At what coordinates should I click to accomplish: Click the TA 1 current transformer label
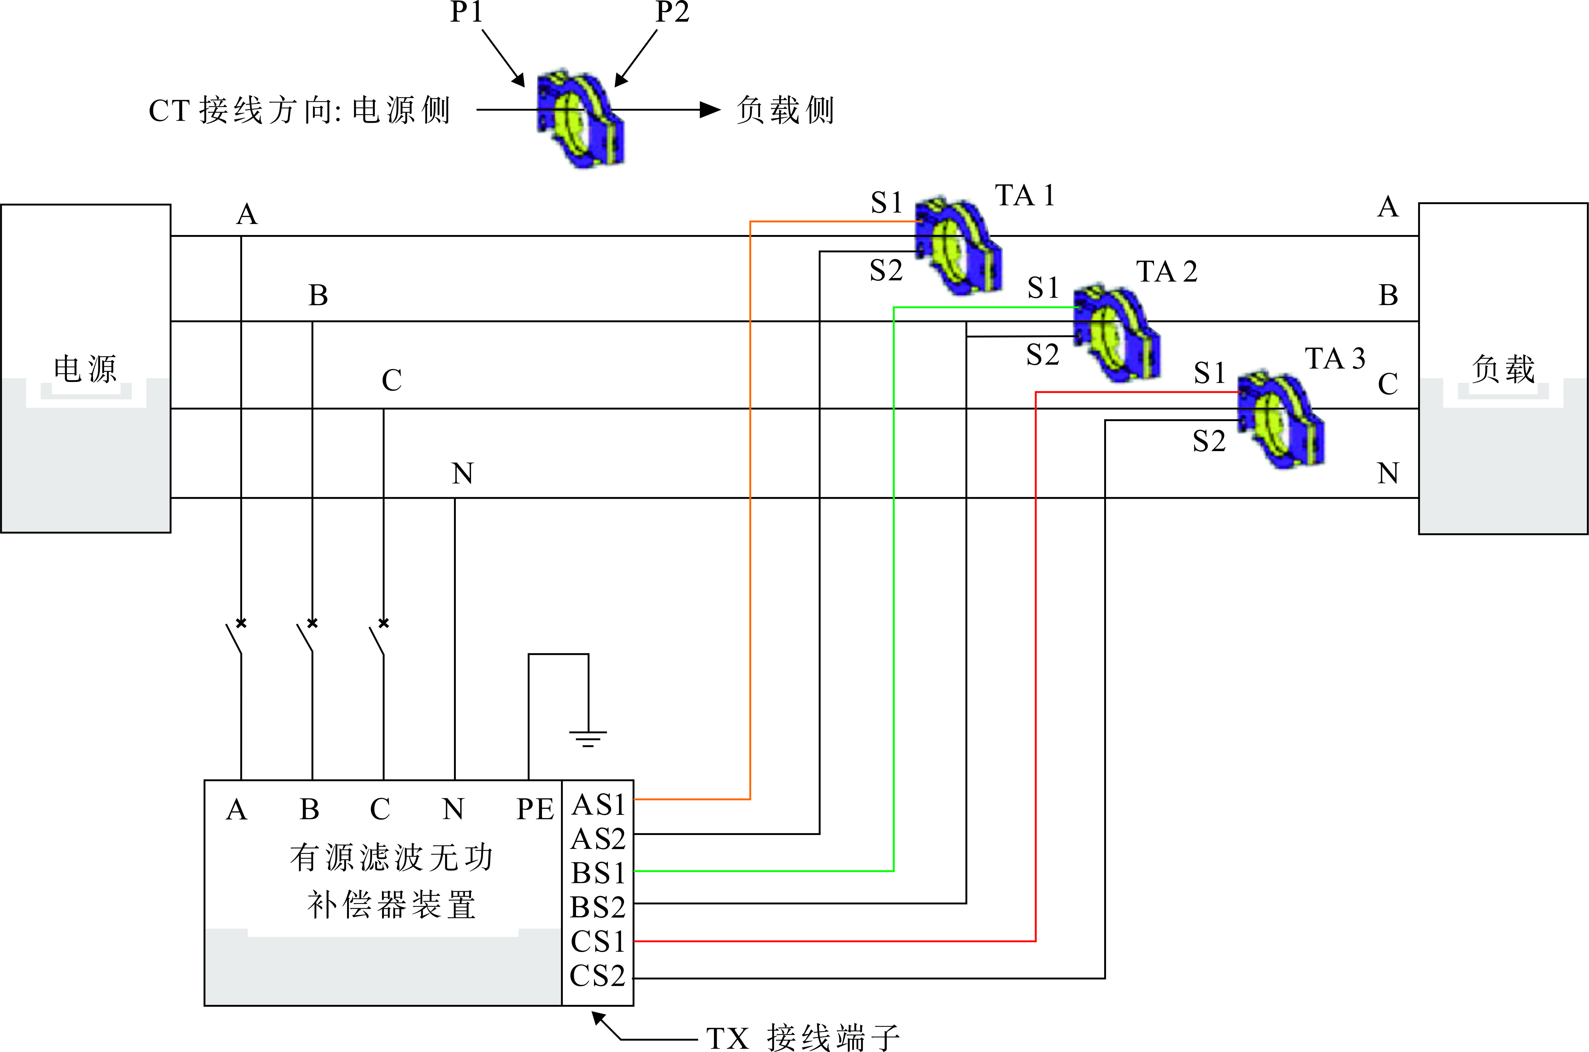pos(1025,196)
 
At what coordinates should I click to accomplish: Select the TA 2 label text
pos(1166,272)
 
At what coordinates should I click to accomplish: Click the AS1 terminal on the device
pos(598,804)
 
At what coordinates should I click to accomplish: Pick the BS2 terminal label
pos(598,907)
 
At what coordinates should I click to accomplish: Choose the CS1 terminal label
pos(598,941)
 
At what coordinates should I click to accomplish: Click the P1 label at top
pos(466,12)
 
